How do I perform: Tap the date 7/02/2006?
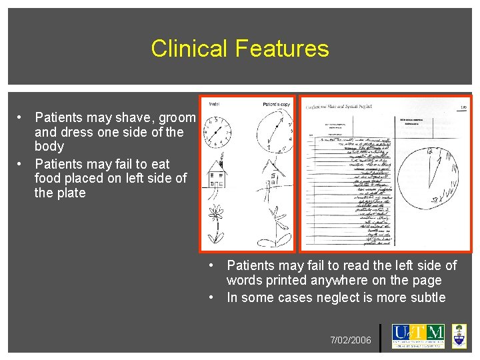pos(351,341)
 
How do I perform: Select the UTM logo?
pos(418,336)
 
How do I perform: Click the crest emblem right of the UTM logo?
pos(459,336)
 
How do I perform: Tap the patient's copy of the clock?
pos(274,132)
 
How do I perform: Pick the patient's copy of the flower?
pos(275,227)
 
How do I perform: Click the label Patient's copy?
pos(276,103)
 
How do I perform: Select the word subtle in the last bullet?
pos(425,297)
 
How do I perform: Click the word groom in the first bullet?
pos(179,117)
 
